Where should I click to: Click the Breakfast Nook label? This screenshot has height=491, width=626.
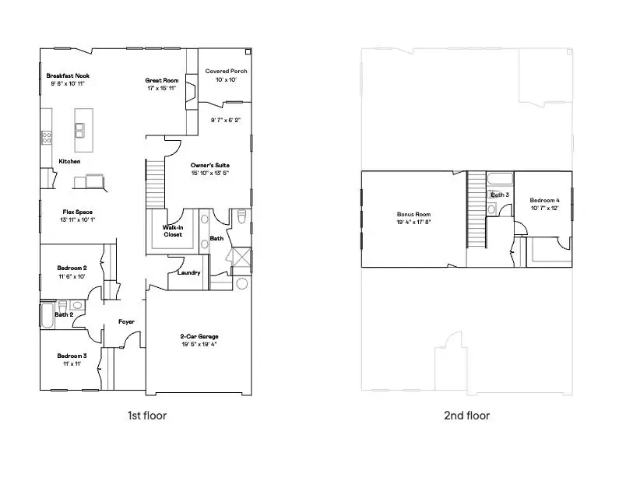click(68, 75)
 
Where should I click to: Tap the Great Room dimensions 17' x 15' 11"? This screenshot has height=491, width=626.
click(162, 89)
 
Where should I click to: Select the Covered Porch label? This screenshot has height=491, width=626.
click(226, 72)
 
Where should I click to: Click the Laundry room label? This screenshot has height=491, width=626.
click(188, 273)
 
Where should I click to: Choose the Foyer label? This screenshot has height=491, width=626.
click(126, 321)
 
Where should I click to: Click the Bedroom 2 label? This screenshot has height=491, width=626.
click(71, 268)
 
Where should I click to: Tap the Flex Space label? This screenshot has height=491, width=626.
click(78, 212)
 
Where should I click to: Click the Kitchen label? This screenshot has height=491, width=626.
click(69, 162)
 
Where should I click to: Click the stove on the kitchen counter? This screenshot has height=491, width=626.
click(46, 138)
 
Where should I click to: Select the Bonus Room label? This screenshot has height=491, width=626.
click(413, 215)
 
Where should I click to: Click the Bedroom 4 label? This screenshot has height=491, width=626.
click(545, 200)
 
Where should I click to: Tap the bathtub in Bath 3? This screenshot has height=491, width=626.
click(499, 179)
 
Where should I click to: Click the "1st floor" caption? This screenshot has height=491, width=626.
click(147, 416)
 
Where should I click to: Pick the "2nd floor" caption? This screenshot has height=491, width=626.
click(466, 416)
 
